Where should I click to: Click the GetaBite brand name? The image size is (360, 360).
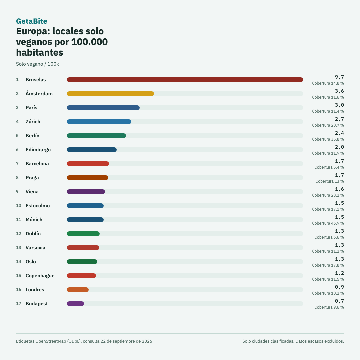pos(31,21)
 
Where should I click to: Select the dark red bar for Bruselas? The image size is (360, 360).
pos(185,80)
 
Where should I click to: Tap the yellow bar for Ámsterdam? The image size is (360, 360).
pos(110,94)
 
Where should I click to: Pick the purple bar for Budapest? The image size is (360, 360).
pos(75,304)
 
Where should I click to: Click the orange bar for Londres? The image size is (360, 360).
pos(78,290)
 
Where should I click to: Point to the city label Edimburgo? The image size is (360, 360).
pos(38,150)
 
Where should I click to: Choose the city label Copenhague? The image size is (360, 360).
pos(40,276)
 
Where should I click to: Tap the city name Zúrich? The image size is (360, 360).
pos(33,122)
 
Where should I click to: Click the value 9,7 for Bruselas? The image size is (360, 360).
pos(339,77)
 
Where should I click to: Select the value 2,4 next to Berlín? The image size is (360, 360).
pos(339,133)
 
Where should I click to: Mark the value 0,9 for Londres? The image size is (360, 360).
pos(339,287)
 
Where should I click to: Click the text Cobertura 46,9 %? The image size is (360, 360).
pos(328,223)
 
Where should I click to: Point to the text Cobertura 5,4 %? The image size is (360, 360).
pos(329,167)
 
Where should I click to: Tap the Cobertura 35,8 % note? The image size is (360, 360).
pos(328,139)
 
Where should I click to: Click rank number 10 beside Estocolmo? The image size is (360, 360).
pos(19,206)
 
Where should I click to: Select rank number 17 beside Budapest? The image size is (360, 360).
pos(19,304)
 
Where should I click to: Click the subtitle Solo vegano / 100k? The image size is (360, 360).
pos(37,64)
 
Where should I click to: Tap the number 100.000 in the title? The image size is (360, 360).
pos(90,42)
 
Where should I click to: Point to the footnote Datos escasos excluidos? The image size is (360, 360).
pos(320,341)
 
